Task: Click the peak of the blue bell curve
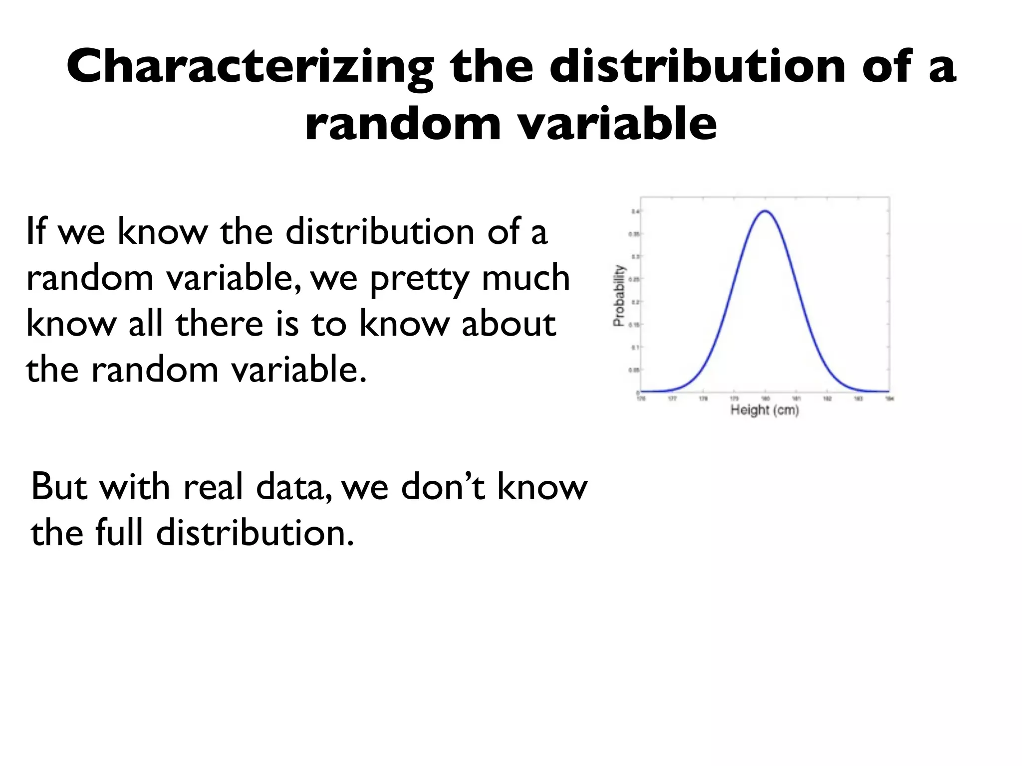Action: [x=765, y=211]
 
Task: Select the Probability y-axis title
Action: [x=619, y=296]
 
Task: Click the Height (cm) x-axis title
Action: [x=765, y=410]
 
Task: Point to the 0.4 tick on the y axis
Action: [x=634, y=211]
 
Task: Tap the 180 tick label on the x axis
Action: [x=765, y=398]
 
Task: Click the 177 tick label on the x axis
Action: [x=672, y=398]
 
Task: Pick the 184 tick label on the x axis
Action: [x=889, y=398]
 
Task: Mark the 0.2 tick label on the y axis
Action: [x=634, y=302]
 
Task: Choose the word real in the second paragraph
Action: [x=213, y=487]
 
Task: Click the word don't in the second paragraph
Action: [x=442, y=487]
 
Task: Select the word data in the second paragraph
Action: [x=293, y=487]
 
